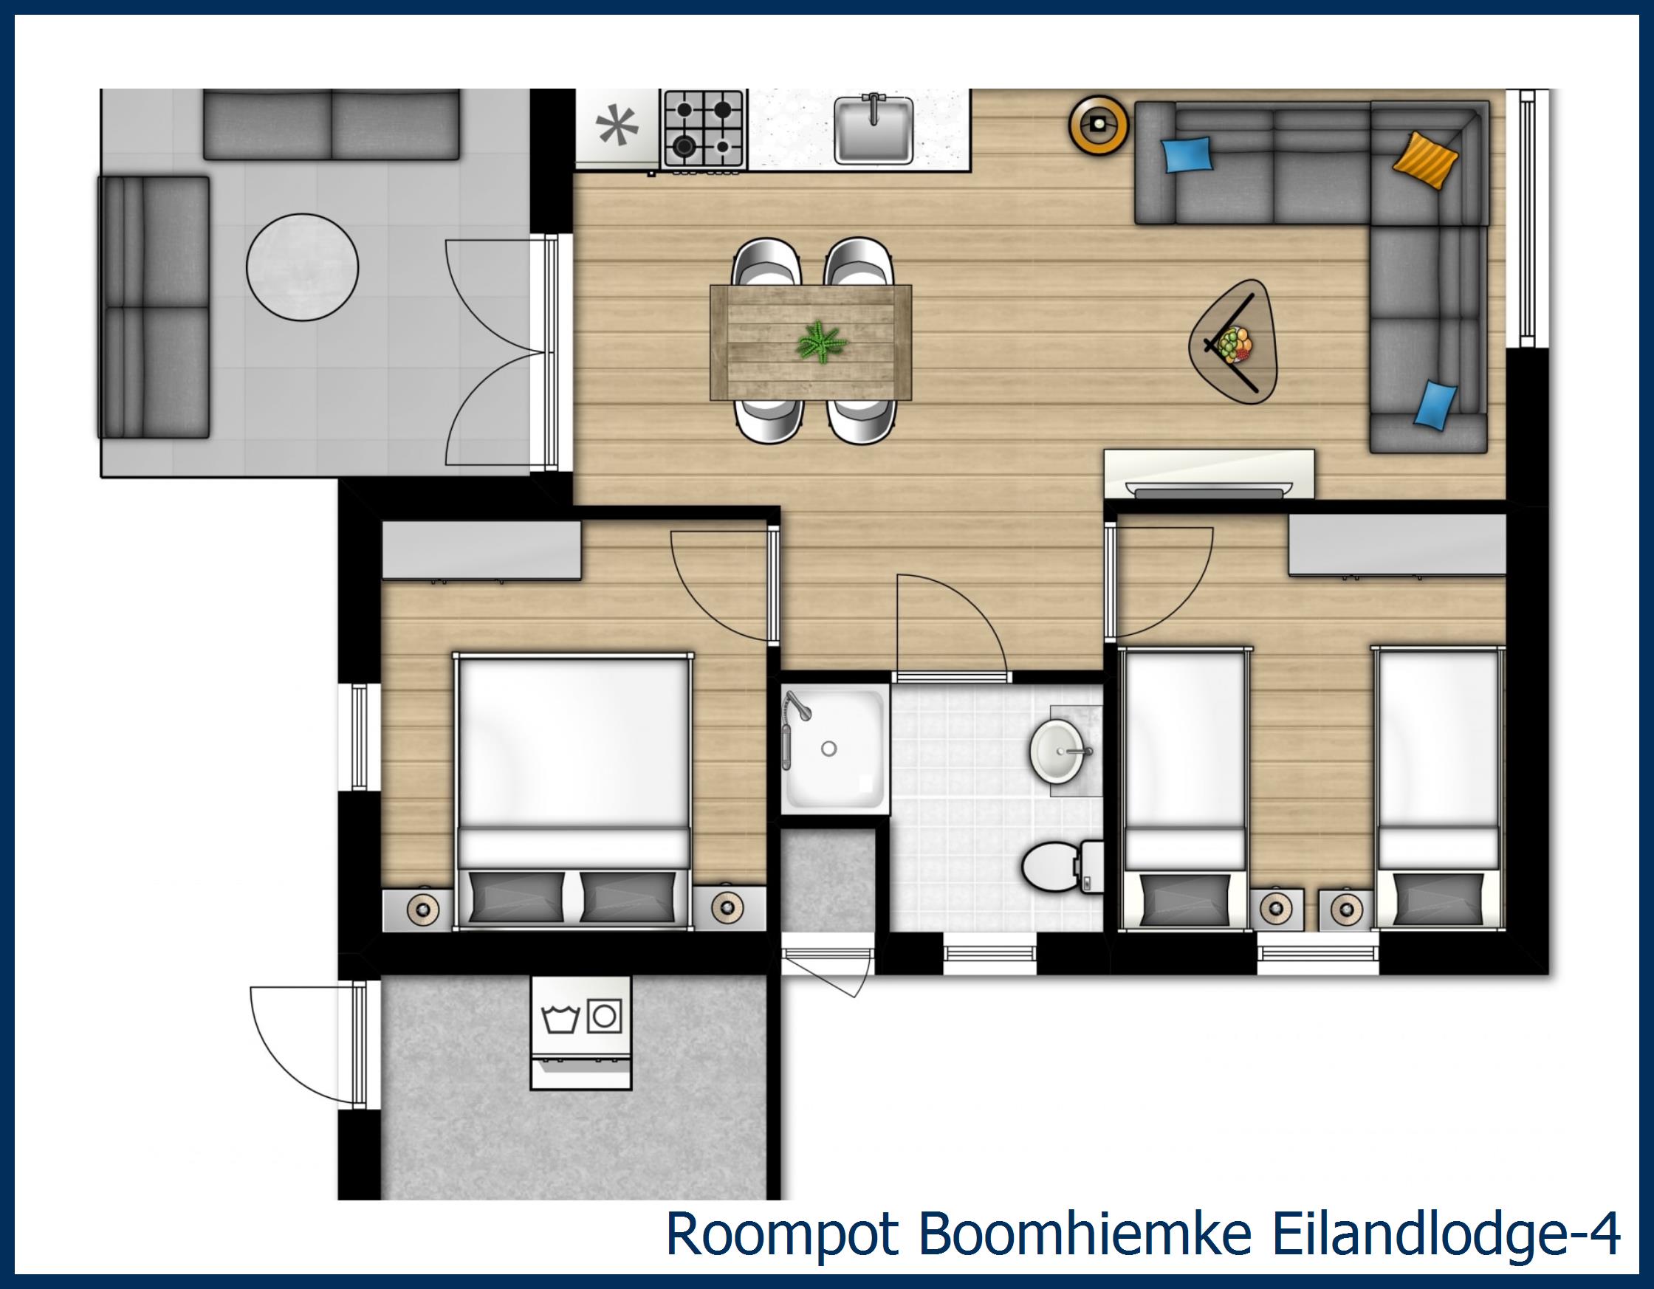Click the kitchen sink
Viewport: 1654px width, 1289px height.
tap(873, 130)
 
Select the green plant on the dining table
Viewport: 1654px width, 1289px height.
tap(820, 341)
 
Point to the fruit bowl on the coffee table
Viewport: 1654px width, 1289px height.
tap(1232, 345)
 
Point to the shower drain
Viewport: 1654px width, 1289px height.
tap(828, 749)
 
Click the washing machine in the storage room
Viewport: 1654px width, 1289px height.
tap(581, 1033)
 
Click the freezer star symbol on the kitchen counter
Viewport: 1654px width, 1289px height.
tap(617, 126)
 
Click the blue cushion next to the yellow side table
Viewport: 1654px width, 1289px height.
tap(1187, 154)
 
